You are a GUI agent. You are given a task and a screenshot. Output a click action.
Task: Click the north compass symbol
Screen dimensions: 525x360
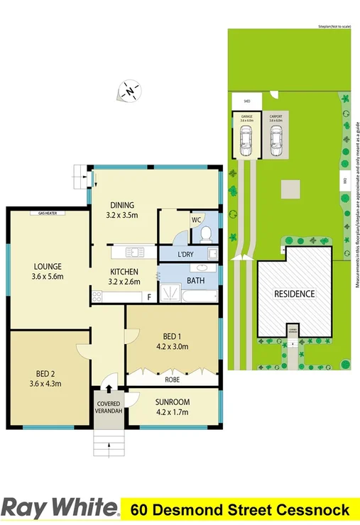coord(131,91)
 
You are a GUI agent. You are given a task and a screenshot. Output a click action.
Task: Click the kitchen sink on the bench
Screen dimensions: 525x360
coord(132,252)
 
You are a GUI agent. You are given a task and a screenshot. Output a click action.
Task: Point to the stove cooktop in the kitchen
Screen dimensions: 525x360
coord(98,296)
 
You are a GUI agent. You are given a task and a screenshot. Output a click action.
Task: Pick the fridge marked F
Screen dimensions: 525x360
coord(148,297)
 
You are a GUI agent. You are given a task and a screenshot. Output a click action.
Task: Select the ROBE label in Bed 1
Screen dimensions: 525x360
coord(172,380)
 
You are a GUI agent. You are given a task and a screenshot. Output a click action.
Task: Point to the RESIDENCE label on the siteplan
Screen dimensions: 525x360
coord(295,292)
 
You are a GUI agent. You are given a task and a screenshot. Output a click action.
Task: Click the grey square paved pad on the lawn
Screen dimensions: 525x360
coord(290,190)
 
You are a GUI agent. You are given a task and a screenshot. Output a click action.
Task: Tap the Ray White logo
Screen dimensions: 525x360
coord(60,507)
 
